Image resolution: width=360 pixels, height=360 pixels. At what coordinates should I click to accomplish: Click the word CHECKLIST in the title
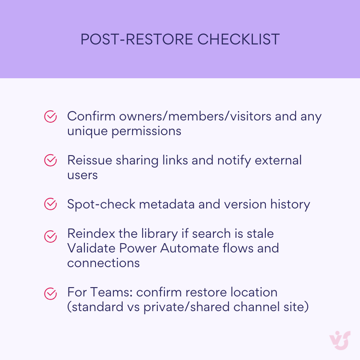238,40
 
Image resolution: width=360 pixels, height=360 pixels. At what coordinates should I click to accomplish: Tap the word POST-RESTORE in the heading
136,40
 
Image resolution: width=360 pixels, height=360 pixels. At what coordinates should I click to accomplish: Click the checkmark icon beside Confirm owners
51,116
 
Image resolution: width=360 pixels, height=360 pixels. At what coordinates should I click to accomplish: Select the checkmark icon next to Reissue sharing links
51,160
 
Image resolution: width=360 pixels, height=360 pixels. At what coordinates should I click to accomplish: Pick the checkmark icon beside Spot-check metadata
51,204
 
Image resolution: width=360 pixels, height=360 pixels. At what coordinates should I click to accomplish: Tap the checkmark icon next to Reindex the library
51,236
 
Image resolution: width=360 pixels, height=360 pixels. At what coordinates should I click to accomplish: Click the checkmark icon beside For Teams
51,293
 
